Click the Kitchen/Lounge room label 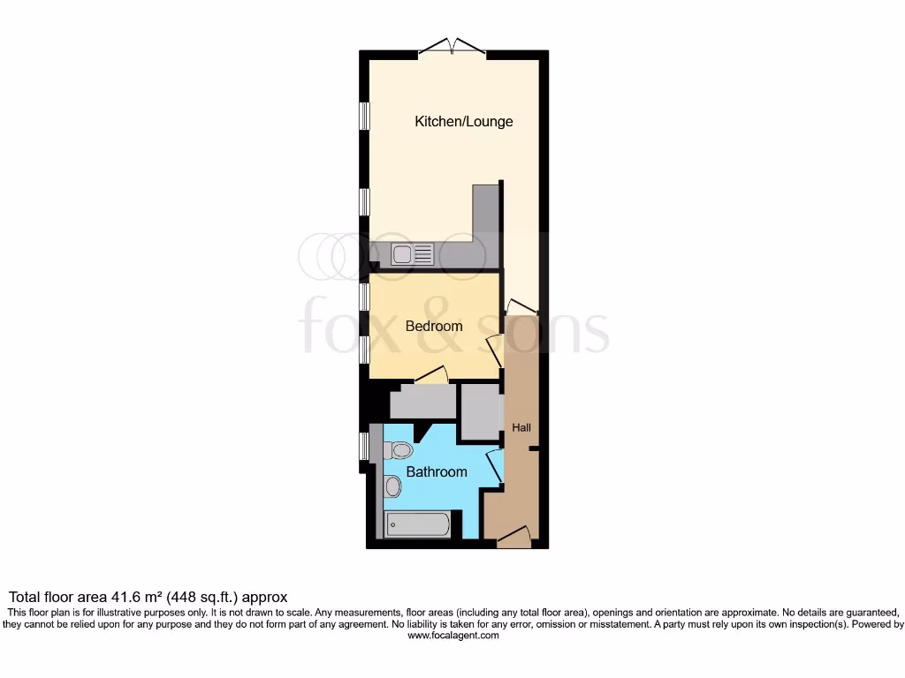[464, 122]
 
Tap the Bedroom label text [434, 327]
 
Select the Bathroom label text [437, 472]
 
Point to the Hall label [521, 428]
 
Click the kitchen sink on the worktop [413, 255]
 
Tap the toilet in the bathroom [399, 450]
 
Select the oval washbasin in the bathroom [393, 486]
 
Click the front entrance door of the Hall [513, 536]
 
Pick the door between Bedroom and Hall [496, 351]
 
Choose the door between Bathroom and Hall [494, 465]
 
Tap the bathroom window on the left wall [363, 446]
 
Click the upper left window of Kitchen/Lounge [363, 117]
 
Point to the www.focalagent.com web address [452, 636]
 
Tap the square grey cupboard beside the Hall [480, 411]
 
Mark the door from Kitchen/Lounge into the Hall [522, 306]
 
